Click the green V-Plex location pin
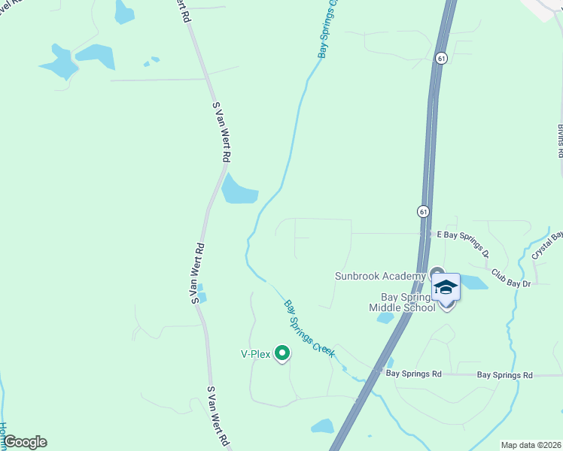282,353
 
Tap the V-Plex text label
255,354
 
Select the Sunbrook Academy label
380,276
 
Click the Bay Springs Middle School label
402,302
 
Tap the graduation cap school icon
446,289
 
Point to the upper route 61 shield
441,57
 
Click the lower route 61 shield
425,212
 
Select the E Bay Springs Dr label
463,234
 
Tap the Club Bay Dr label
512,277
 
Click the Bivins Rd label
561,140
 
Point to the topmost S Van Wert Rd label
221,134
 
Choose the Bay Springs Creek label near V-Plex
309,328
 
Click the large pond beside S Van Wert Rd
240,189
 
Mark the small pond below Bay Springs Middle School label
385,318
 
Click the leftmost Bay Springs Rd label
413,373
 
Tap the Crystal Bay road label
548,245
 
